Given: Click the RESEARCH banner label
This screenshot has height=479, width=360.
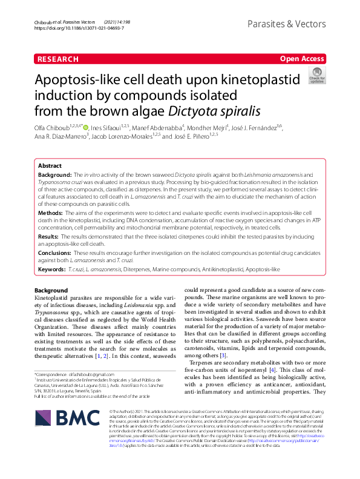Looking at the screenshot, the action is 57,59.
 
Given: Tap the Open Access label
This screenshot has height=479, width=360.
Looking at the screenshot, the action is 302,59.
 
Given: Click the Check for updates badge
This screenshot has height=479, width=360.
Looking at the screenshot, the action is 316,76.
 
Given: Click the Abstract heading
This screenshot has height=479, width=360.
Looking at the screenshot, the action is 50,165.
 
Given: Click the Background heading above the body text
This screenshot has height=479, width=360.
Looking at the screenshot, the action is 51,291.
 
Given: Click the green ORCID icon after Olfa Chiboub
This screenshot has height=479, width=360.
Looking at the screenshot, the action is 87,128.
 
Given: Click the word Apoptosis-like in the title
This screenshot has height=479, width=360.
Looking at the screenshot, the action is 81,81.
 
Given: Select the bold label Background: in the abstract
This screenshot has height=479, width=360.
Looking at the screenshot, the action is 56,174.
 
